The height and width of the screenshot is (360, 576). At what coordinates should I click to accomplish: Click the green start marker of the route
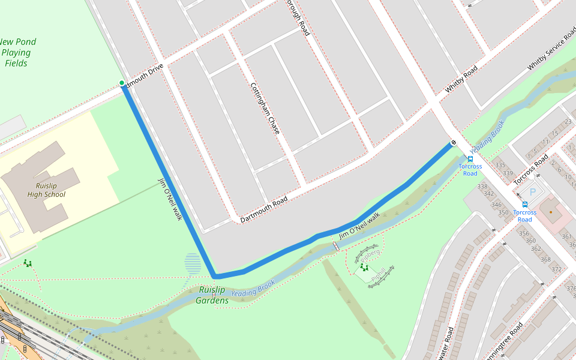tap(122, 83)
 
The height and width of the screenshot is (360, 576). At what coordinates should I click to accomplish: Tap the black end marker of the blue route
tap(453, 142)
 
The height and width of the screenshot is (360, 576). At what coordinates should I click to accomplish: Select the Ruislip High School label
tap(46, 190)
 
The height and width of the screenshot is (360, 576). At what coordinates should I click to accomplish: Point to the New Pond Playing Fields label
tap(17, 52)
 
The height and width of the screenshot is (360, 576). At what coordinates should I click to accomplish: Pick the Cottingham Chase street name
tap(265, 108)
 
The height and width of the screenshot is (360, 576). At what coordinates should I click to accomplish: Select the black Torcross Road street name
tap(532, 169)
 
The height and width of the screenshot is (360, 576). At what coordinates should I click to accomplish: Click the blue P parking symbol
tap(532, 192)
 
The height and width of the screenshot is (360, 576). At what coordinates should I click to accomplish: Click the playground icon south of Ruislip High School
tap(27, 263)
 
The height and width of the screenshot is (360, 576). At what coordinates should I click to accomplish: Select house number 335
tap(500, 164)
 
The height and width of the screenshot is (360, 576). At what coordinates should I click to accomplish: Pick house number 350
tap(503, 212)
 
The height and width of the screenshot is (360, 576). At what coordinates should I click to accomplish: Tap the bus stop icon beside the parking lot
tap(525, 204)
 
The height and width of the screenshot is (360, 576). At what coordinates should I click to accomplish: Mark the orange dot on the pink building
tap(550, 212)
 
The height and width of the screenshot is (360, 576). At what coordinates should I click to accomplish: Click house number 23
tap(568, 122)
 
